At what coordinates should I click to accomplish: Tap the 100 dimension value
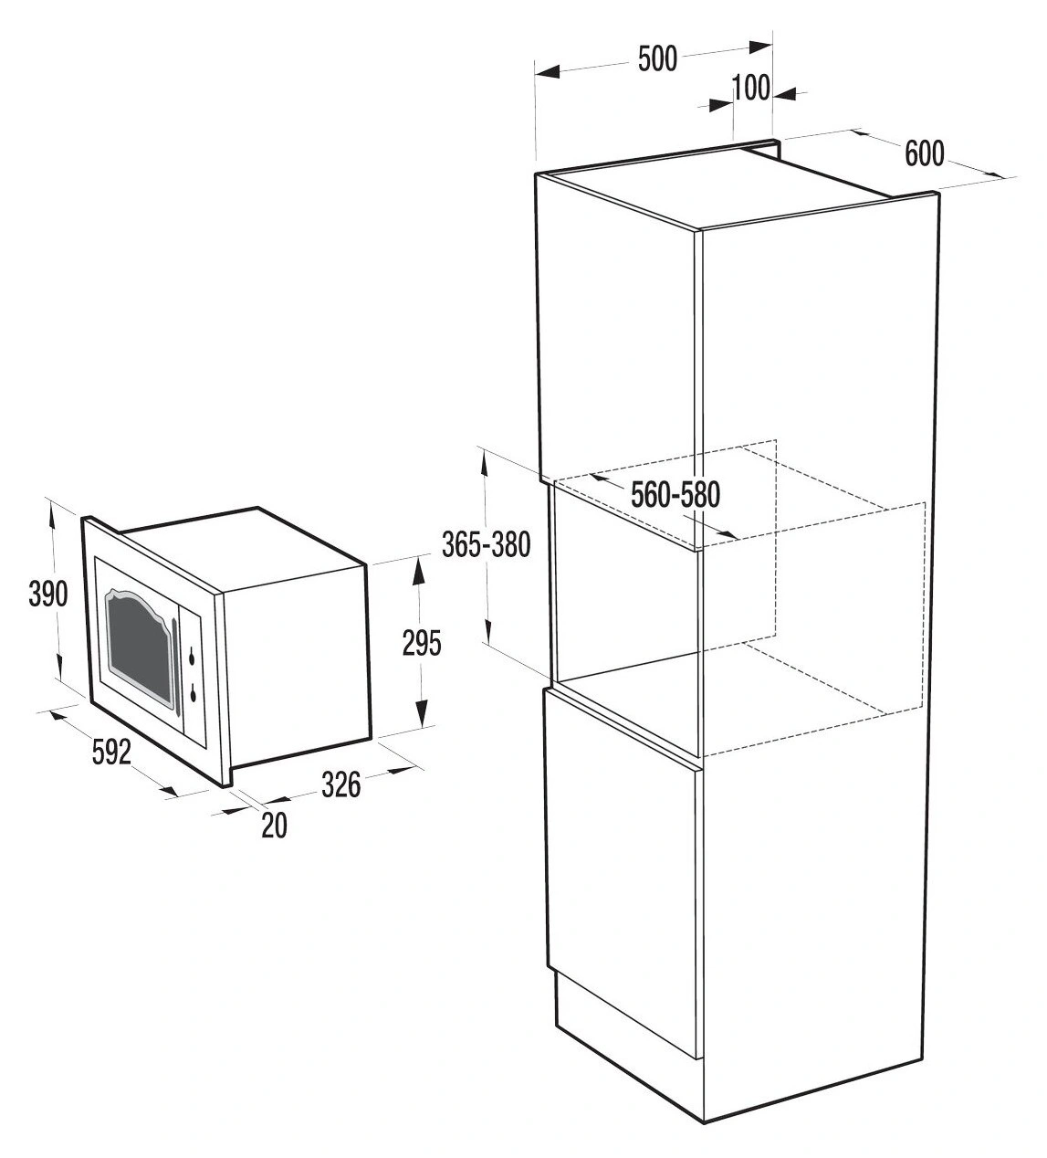point(751,88)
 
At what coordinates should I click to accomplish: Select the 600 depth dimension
point(925,153)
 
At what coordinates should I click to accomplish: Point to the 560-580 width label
point(675,495)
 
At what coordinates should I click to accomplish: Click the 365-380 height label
point(486,544)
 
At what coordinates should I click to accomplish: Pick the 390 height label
point(48,594)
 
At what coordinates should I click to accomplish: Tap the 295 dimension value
point(422,643)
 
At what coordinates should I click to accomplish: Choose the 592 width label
point(111,753)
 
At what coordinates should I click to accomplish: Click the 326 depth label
point(341,784)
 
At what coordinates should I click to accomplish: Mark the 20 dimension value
point(274,826)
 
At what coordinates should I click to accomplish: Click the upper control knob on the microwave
point(191,656)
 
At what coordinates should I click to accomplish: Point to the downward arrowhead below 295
point(423,713)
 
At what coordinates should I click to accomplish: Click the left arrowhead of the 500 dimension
point(548,72)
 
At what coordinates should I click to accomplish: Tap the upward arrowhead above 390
point(52,515)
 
